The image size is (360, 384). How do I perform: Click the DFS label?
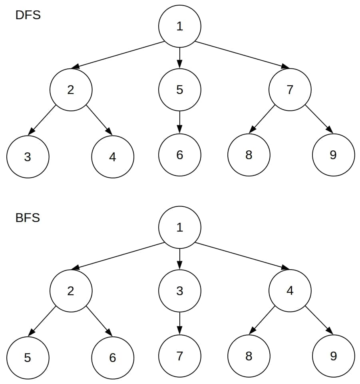coord(28,16)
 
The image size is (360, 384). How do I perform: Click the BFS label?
coord(28,218)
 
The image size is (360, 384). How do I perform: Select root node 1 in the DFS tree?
coord(180,26)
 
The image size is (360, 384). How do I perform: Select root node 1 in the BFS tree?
coord(180,228)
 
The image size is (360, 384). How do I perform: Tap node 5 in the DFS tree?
coord(180,90)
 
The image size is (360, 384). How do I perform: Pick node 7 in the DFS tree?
coord(290,90)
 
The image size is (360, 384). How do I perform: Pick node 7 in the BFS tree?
coord(180,356)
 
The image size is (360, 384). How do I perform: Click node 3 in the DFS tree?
coord(28,157)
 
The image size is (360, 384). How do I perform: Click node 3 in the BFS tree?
coord(180,291)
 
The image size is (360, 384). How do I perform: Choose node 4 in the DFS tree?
coord(113,157)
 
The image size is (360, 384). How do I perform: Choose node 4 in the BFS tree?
coord(290,291)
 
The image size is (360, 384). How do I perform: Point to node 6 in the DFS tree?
coord(180,155)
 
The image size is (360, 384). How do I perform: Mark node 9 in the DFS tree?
coord(333,155)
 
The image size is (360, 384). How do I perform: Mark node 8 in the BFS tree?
coord(249,356)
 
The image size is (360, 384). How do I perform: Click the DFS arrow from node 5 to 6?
coord(180,122)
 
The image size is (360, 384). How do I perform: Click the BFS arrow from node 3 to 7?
coord(180,323)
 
